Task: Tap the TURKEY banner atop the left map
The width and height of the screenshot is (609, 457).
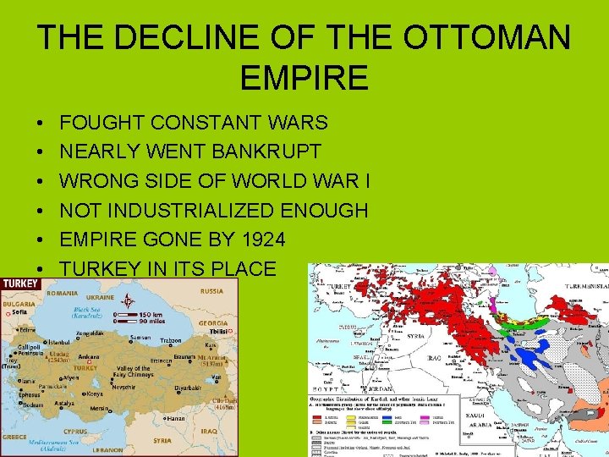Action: tap(21, 282)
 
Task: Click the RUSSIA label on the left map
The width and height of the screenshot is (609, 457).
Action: tap(211, 290)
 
